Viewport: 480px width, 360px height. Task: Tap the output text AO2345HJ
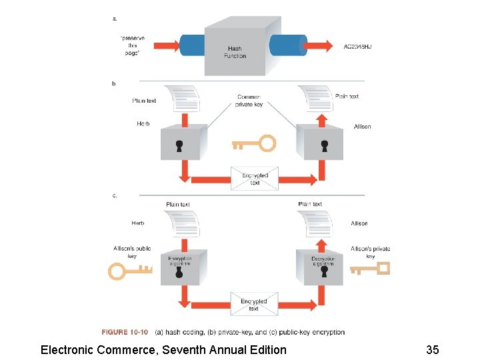click(357, 47)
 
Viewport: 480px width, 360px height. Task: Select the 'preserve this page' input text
click(132, 45)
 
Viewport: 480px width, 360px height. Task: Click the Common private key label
click(250, 101)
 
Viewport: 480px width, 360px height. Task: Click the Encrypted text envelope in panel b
click(255, 179)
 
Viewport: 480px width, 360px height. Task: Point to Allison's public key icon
click(131, 271)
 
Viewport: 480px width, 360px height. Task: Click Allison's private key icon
click(370, 269)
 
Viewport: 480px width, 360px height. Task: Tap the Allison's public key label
click(132, 252)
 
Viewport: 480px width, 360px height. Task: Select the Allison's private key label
click(370, 252)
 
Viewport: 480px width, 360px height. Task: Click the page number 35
click(432, 350)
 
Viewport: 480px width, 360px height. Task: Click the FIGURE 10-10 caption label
click(125, 332)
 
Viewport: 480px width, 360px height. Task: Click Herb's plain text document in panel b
click(183, 99)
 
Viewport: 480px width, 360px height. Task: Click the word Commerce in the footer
click(128, 350)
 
